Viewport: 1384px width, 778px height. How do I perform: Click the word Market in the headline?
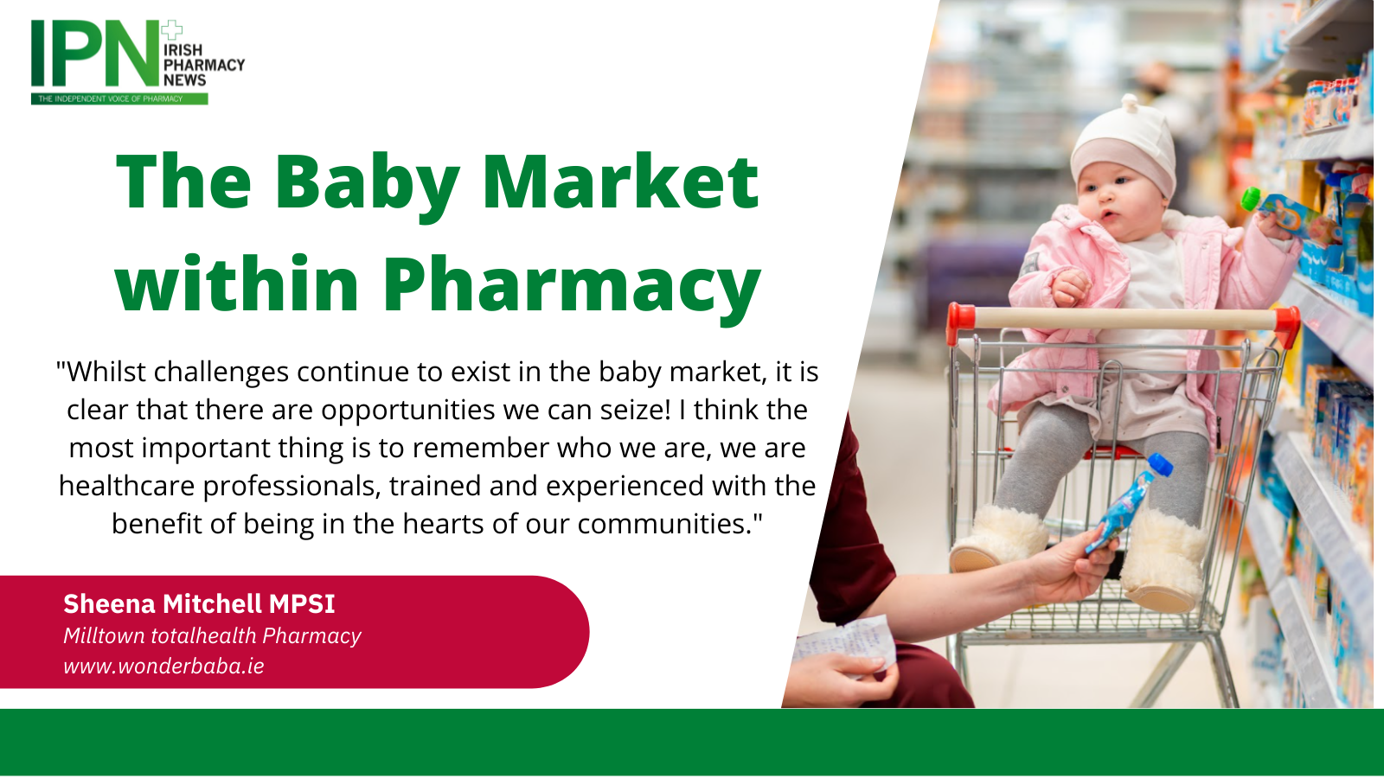(x=621, y=181)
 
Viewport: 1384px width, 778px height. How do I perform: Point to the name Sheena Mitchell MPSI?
(x=199, y=604)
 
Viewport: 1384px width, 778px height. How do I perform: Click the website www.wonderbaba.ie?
(x=163, y=666)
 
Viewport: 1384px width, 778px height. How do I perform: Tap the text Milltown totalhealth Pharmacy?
(x=212, y=636)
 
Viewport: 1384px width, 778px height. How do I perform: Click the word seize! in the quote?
(x=635, y=410)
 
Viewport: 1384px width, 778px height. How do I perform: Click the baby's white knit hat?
(x=1124, y=146)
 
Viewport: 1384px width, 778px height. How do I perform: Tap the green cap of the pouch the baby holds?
(x=1251, y=199)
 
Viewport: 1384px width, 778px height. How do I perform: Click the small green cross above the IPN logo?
(x=171, y=30)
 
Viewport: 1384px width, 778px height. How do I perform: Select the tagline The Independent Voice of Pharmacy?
(x=111, y=99)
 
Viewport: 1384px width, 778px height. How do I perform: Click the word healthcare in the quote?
(x=126, y=486)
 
